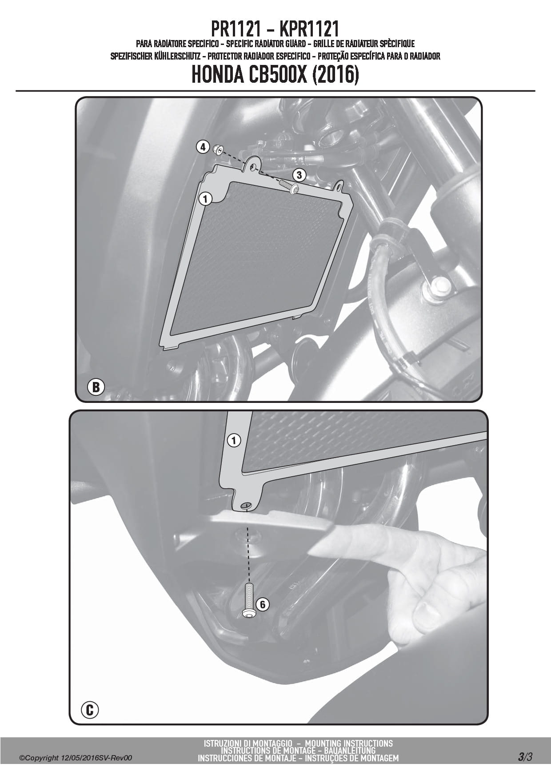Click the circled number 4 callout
[203, 146]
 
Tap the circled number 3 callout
[299, 175]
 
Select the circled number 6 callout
[262, 604]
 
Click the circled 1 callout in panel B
[205, 199]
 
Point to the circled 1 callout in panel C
[234, 441]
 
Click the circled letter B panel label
[96, 387]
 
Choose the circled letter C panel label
[90, 710]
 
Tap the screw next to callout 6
[249, 601]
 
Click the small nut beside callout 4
[218, 149]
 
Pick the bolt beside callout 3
[289, 186]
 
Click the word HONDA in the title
[217, 75]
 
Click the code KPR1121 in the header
[309, 29]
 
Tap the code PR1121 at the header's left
[236, 29]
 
